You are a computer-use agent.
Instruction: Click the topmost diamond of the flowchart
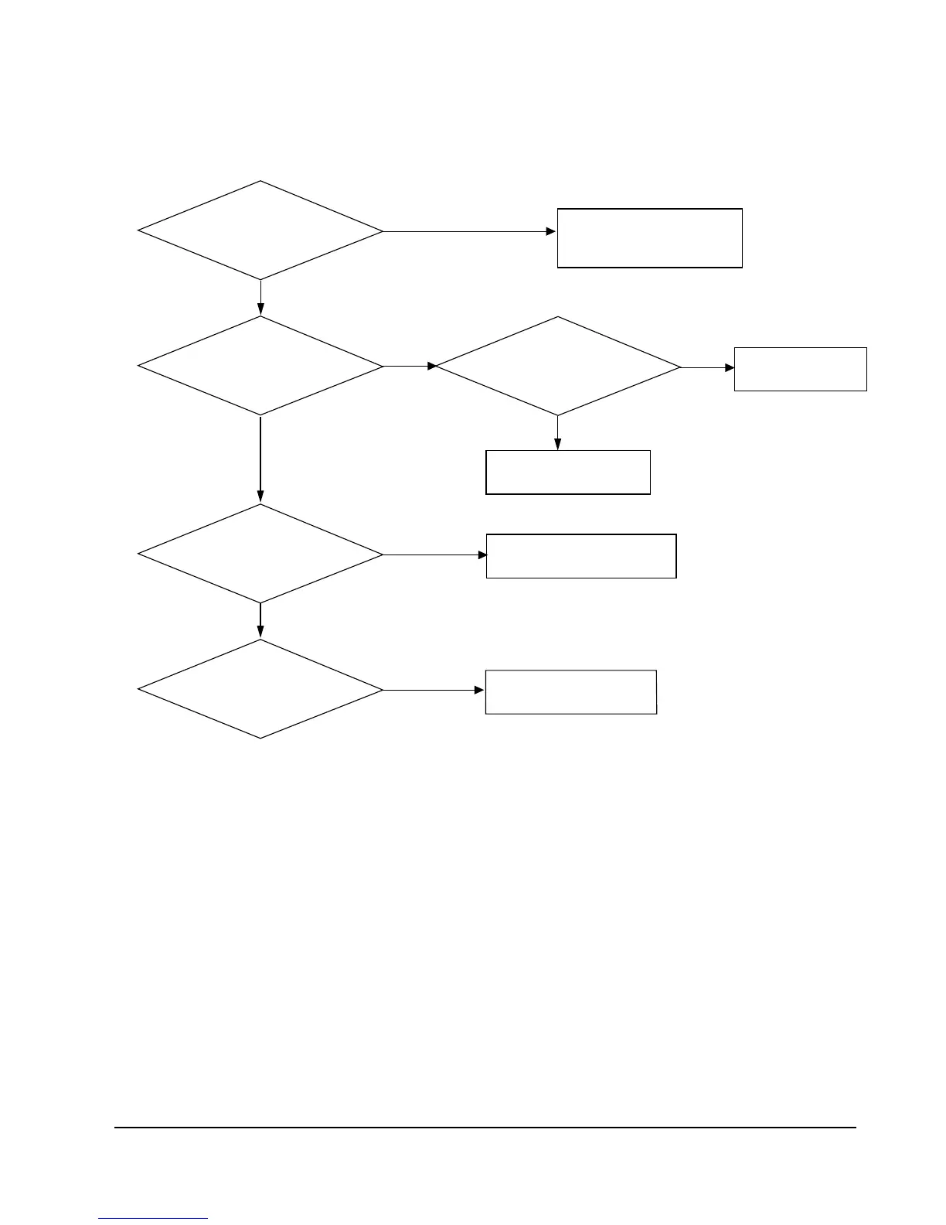pyautogui.click(x=260, y=230)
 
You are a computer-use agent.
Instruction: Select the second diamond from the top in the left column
pyautogui.click(x=260, y=366)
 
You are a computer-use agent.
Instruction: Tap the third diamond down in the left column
pyautogui.click(x=260, y=554)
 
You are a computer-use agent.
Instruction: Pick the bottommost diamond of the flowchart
pyautogui.click(x=260, y=689)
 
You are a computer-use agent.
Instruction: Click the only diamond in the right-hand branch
pyautogui.click(x=557, y=366)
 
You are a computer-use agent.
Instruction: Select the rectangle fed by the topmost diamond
pyautogui.click(x=649, y=237)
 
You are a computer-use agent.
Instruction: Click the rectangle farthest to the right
pyautogui.click(x=800, y=369)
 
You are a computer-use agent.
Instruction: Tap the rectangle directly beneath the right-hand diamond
pyautogui.click(x=567, y=472)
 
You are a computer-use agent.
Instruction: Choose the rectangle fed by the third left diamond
pyautogui.click(x=580, y=555)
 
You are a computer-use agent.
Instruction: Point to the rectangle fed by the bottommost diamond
pyautogui.click(x=570, y=691)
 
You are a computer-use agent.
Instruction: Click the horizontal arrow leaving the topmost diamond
pyautogui.click(x=469, y=231)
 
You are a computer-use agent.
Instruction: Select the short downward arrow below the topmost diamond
pyautogui.click(x=260, y=298)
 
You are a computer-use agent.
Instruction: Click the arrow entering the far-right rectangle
pyautogui.click(x=707, y=367)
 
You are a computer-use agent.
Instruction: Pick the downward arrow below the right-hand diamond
pyautogui.click(x=557, y=433)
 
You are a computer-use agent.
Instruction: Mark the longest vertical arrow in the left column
pyautogui.click(x=260, y=459)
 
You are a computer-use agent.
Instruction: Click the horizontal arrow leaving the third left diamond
pyautogui.click(x=434, y=554)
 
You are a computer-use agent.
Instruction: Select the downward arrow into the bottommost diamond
pyautogui.click(x=260, y=621)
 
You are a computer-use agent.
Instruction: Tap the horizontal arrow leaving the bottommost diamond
pyautogui.click(x=434, y=690)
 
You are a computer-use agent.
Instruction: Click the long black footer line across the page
pyautogui.click(x=485, y=1128)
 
